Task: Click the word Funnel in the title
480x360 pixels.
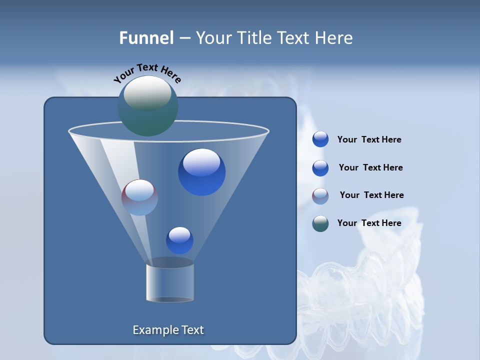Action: pos(146,38)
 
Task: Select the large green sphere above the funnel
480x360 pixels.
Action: pos(147,105)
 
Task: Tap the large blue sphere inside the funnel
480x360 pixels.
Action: pos(201,172)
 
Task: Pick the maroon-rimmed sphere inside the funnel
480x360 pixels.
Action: pos(139,197)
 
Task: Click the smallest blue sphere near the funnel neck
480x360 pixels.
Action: pos(179,240)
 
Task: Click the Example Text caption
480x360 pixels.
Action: pos(168,330)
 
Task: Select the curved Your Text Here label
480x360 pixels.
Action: pos(147,73)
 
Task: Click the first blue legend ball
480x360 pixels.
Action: pos(320,139)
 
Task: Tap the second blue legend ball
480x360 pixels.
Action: pos(320,168)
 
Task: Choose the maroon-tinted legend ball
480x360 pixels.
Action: pos(320,196)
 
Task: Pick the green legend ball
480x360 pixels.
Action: pos(320,223)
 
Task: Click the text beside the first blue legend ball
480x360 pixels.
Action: pos(369,140)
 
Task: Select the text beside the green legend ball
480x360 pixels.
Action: pos(369,223)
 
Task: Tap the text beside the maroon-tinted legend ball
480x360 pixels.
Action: pos(371,195)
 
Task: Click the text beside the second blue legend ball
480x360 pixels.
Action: pos(370,167)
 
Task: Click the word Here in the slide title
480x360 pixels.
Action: pos(331,38)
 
